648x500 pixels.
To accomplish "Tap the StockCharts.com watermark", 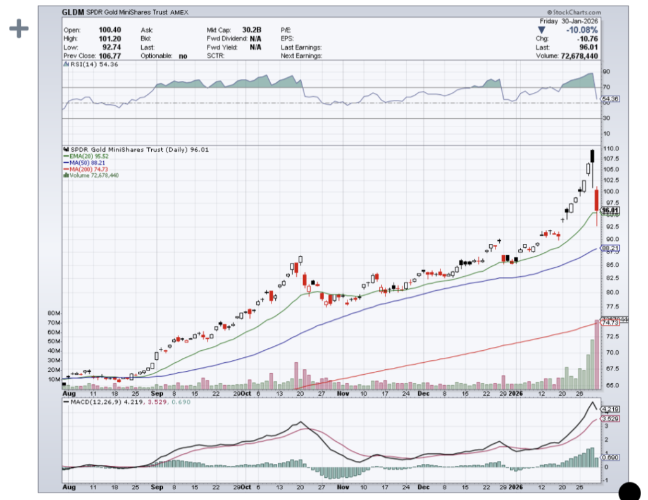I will tap(575, 12).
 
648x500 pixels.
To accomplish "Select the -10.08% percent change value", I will tap(584, 29).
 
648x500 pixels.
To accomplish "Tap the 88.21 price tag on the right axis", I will tap(610, 248).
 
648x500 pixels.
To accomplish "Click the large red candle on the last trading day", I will tap(596, 200).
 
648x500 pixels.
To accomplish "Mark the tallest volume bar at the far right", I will tap(597, 355).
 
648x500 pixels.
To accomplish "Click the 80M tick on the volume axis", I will tap(54, 314).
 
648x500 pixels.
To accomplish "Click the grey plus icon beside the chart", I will tap(19, 28).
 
